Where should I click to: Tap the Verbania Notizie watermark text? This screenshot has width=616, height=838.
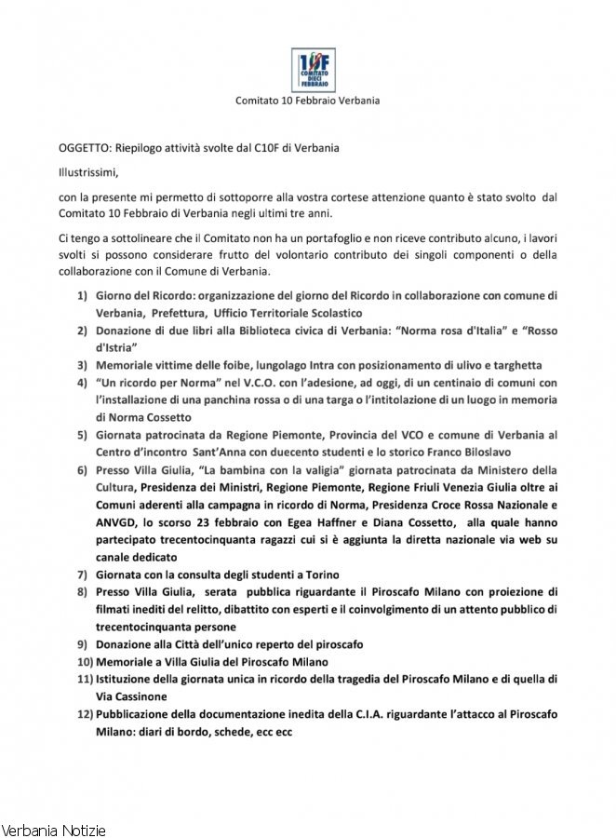54,829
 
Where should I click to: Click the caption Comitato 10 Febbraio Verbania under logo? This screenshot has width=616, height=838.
307,101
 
